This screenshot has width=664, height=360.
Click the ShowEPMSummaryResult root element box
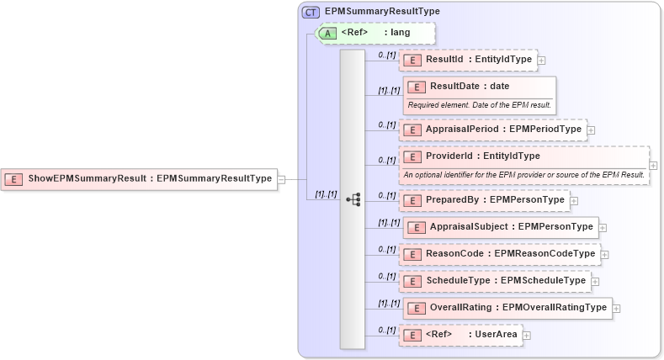pos(140,178)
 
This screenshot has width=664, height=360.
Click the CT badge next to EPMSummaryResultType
pos(311,12)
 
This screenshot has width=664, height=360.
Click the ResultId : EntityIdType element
pos(468,60)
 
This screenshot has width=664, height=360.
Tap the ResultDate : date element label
pos(470,86)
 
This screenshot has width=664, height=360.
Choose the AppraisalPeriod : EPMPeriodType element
pos(491,130)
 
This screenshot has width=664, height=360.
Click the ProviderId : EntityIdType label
pos(483,156)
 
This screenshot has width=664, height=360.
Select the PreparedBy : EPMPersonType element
pos(485,200)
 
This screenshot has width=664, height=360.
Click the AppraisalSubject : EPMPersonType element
pos(501,227)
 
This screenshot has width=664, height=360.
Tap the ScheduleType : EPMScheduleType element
pos(494,280)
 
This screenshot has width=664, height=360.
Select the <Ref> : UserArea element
pos(459,335)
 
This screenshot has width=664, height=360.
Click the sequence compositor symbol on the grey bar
pos(353,199)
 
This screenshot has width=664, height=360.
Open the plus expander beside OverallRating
pos(617,308)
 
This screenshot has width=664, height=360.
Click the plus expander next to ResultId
pos(541,61)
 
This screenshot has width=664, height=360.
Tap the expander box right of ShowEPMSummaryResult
pos(282,178)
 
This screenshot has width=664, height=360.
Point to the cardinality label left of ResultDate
pos(388,90)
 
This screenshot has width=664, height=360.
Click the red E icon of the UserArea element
pos(412,335)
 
